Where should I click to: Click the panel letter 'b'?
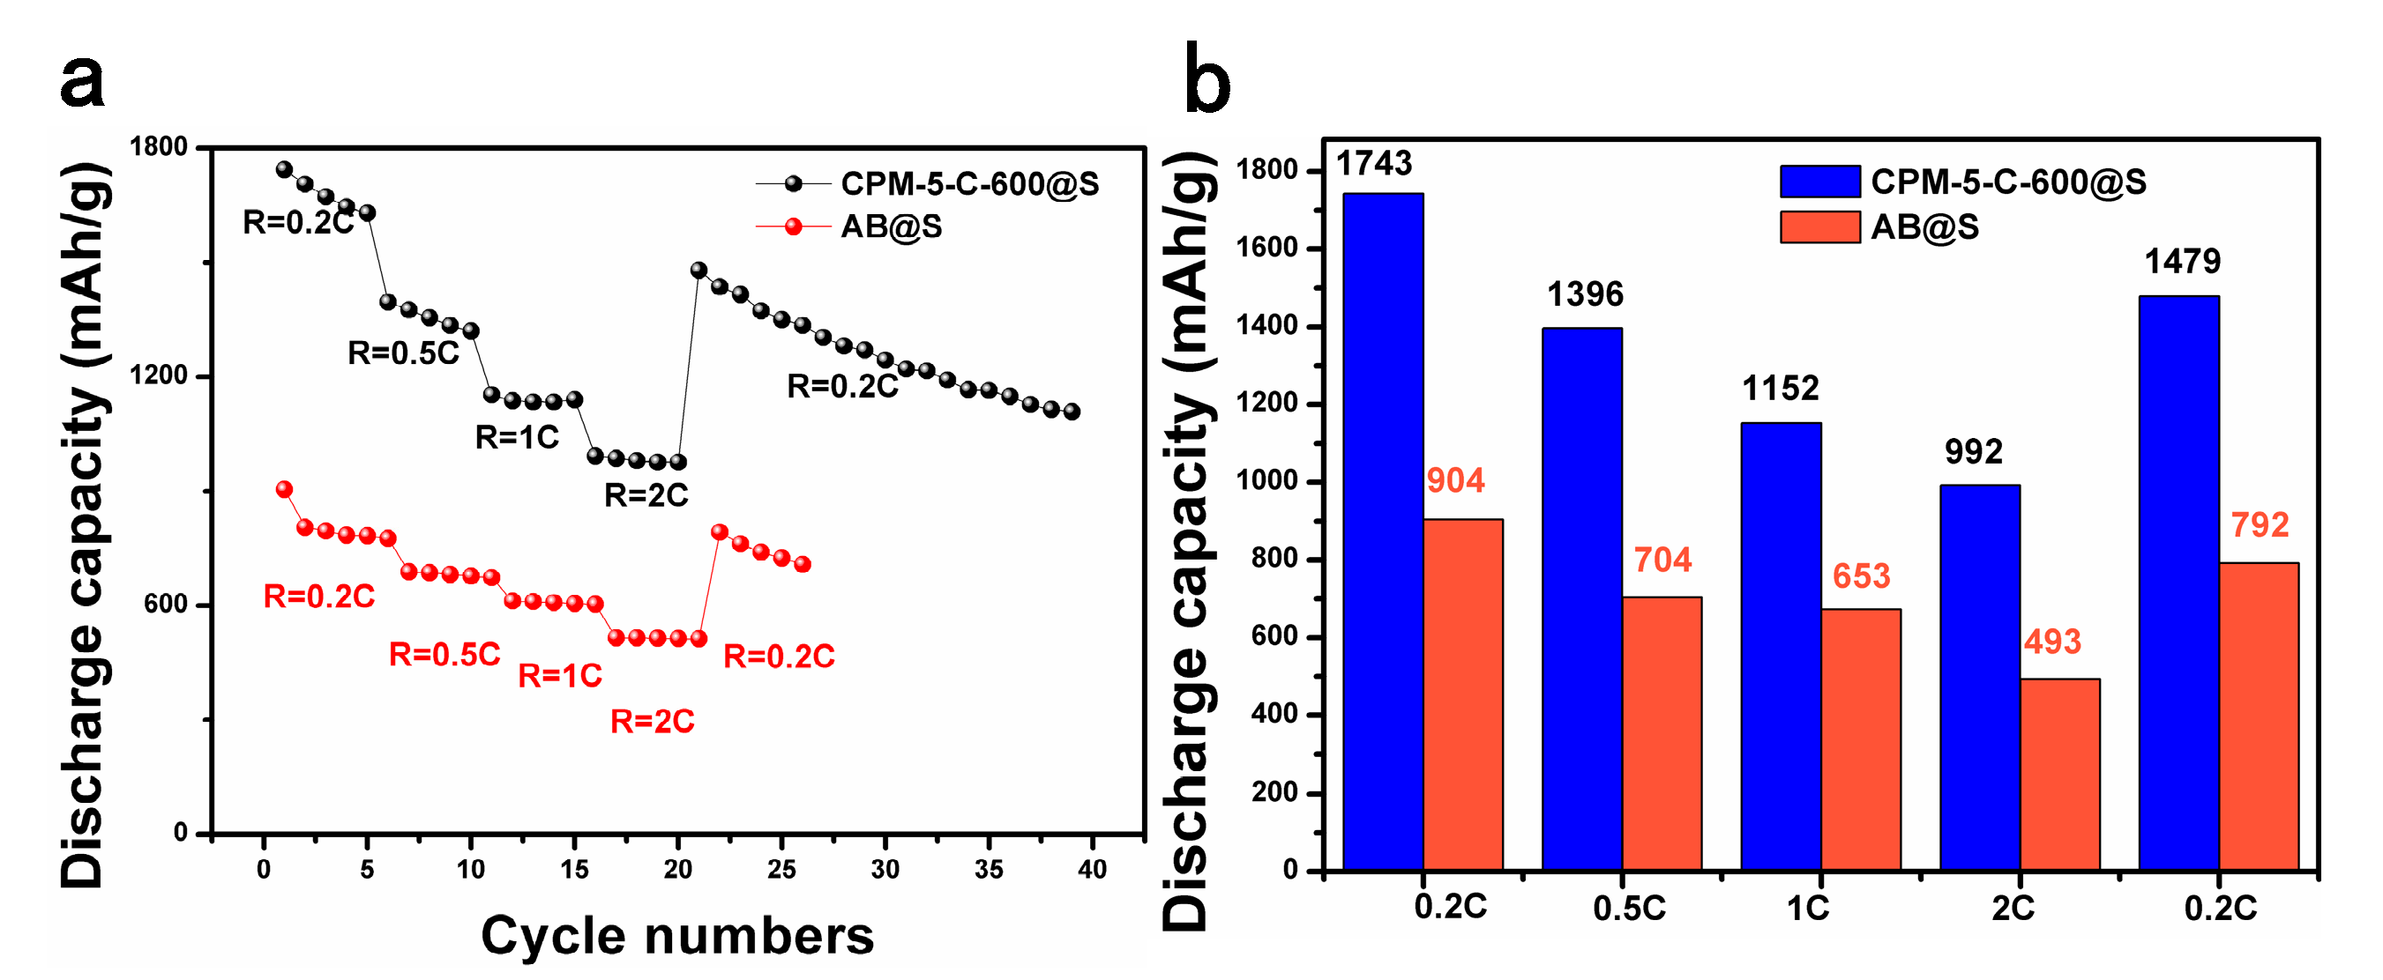[1207, 78]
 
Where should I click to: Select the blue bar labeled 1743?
[1382, 531]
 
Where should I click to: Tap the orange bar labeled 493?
[2059, 775]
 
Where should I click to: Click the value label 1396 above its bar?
[1585, 295]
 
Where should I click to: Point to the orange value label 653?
[1860, 577]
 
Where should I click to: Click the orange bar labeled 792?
[2258, 716]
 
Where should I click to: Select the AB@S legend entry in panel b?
[1878, 227]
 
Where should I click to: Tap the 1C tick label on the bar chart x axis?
[1807, 909]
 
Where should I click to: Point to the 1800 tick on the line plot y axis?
[158, 147]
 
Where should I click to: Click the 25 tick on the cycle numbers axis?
[781, 870]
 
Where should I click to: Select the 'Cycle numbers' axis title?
[677, 936]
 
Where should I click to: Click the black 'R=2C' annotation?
[646, 496]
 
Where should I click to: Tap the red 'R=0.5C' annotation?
[444, 655]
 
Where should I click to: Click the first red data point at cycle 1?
[284, 490]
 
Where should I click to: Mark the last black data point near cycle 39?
[1072, 412]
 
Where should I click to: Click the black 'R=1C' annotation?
[516, 437]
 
